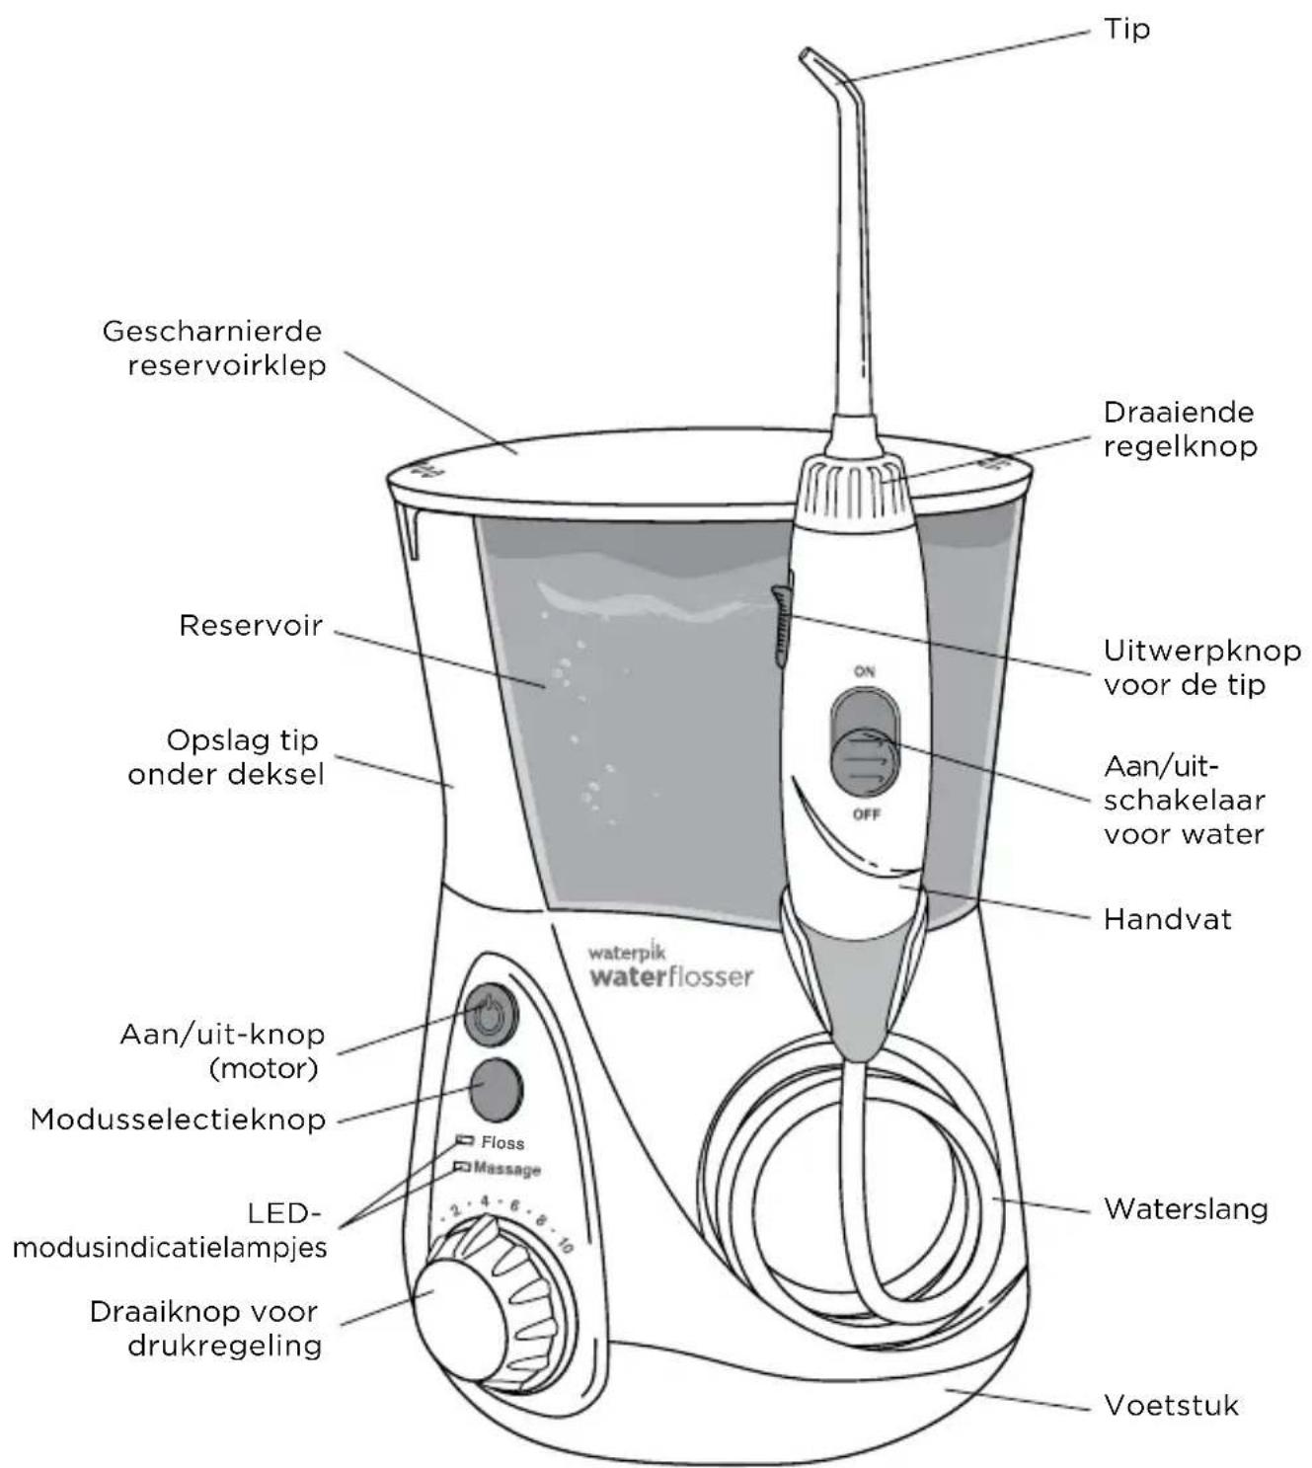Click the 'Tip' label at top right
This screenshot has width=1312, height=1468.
point(1126,29)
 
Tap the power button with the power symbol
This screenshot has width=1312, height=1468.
point(490,1013)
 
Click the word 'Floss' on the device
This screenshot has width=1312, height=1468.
point(502,1142)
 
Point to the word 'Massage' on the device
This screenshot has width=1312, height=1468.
point(507,1169)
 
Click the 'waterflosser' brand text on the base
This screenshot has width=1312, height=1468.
point(671,976)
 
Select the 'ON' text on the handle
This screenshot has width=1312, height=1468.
point(865,671)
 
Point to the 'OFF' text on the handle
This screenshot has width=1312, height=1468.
point(866,814)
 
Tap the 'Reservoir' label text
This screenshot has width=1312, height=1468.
point(251,626)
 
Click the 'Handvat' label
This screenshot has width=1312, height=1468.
point(1167,919)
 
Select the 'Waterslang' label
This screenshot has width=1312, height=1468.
point(1186,1208)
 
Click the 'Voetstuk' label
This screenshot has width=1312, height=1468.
point(1171,1405)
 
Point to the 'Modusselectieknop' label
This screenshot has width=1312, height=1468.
point(178,1120)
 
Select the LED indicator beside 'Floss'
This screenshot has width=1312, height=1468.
point(465,1140)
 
